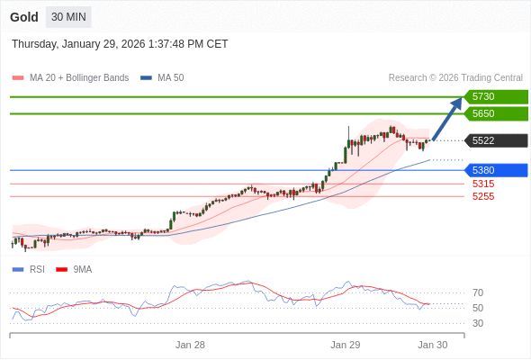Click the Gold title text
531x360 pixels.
pos(24,17)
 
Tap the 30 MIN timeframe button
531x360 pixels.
pos(69,17)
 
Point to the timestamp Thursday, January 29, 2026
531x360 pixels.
pos(120,44)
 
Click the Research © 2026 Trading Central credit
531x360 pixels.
pos(455,78)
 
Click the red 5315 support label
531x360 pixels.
pos(483,184)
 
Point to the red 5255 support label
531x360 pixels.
pos(483,196)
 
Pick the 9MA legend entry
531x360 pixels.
pos(82,269)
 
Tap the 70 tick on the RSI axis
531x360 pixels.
pos(478,292)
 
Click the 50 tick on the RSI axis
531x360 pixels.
pos(478,308)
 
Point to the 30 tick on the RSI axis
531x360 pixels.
pos(478,323)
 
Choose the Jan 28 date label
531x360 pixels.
pos(190,345)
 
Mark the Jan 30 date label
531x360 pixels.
pos(432,345)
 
